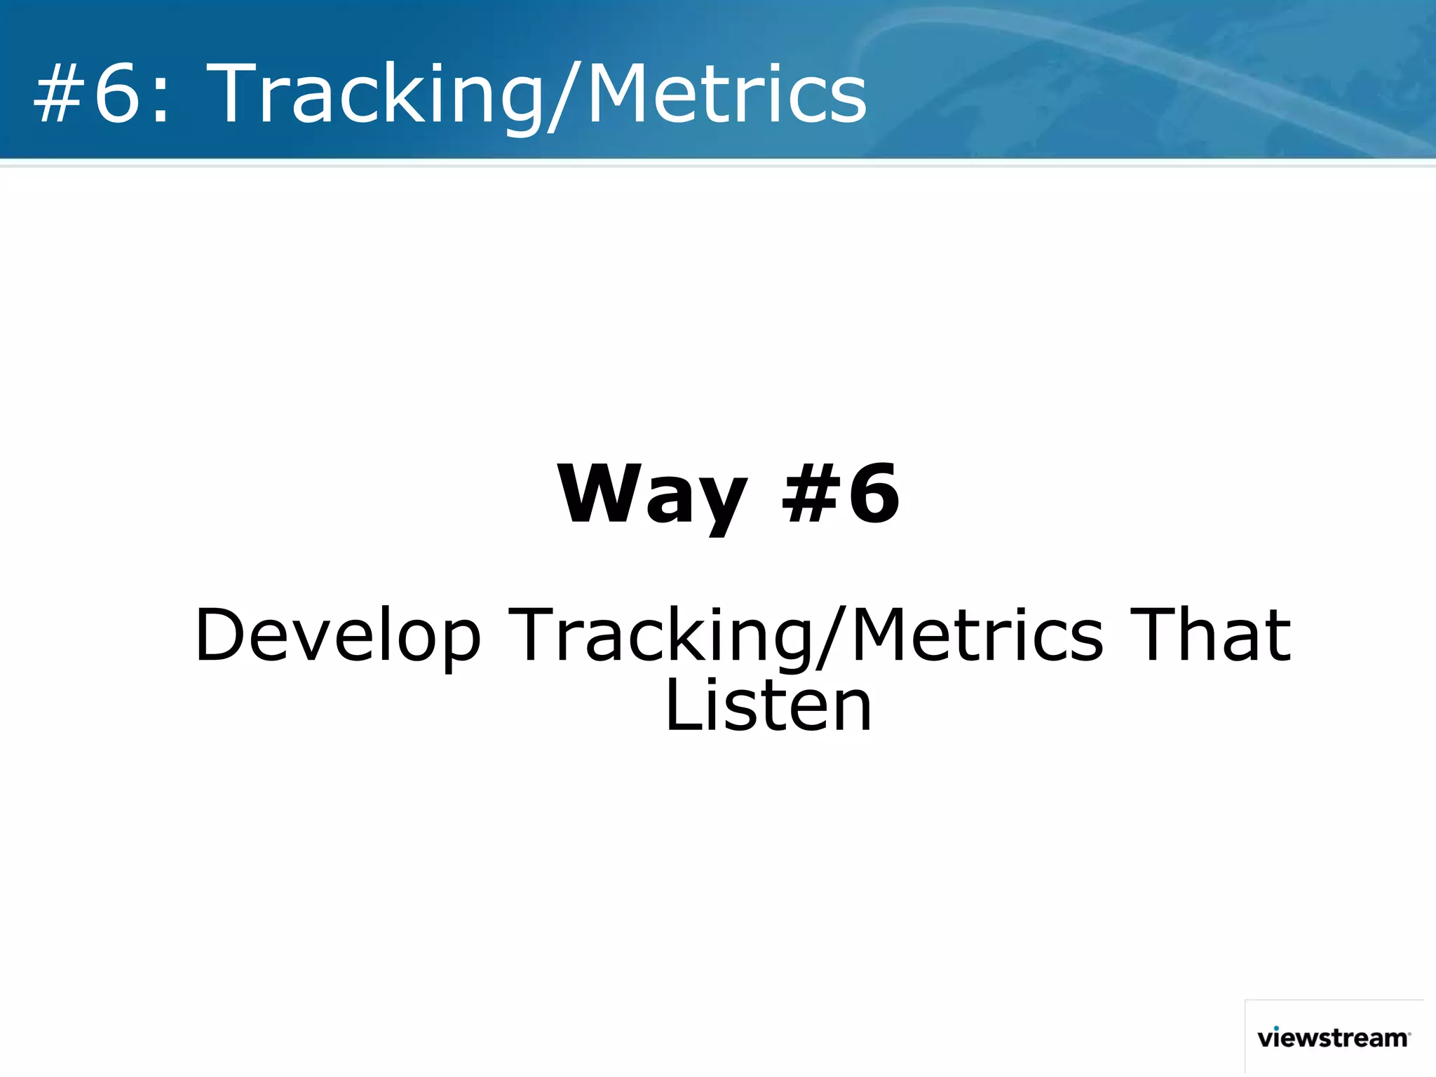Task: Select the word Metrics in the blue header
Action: click(726, 95)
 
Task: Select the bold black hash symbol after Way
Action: click(810, 494)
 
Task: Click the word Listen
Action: click(768, 706)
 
